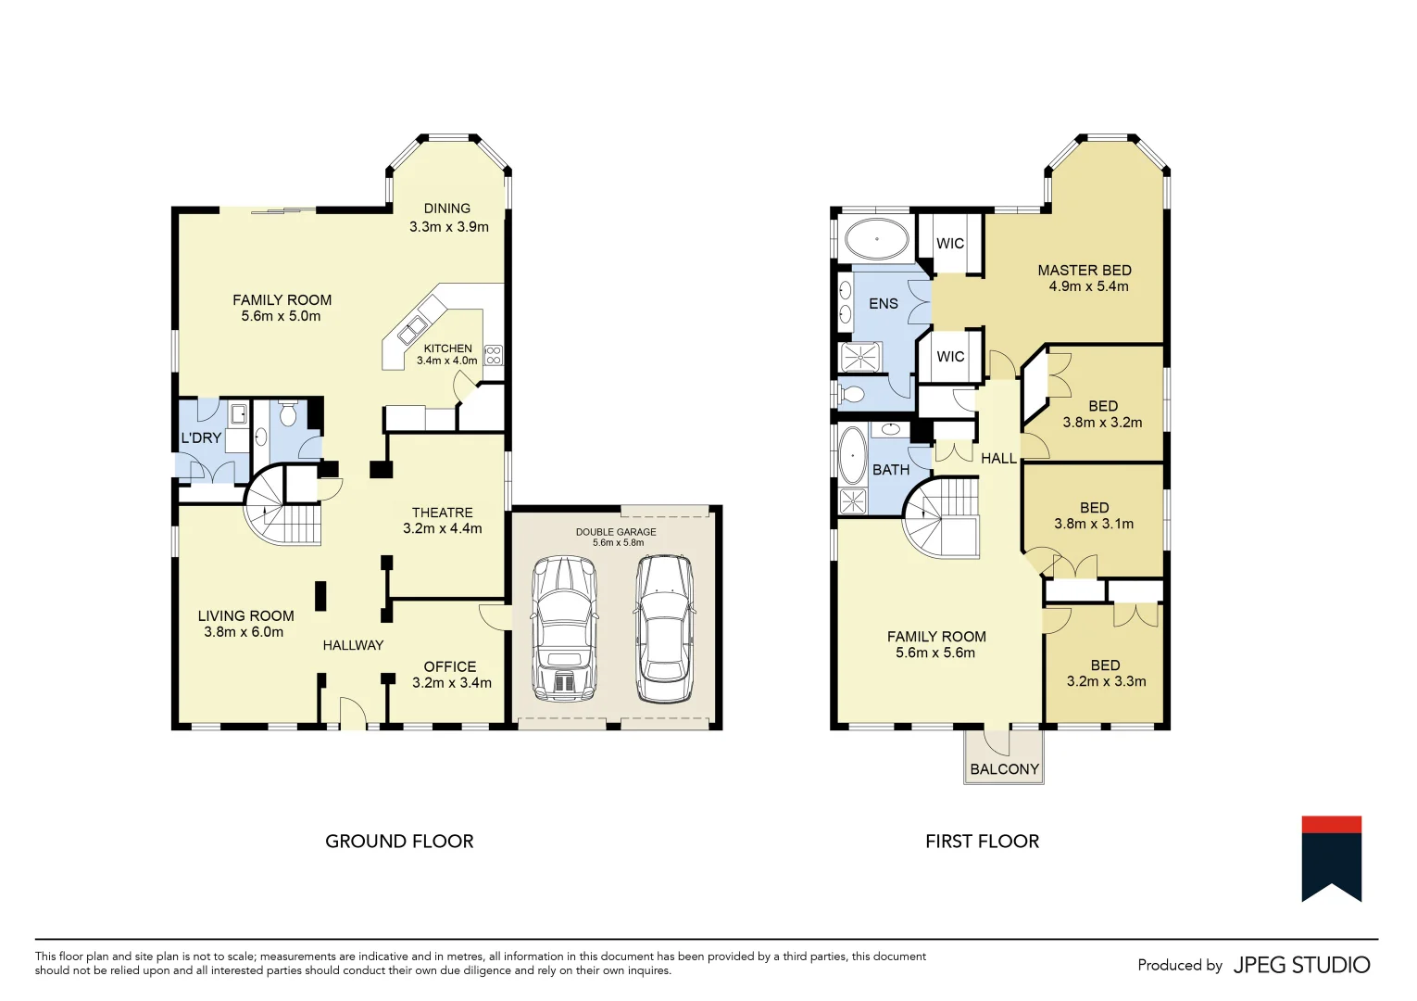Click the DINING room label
coord(447,209)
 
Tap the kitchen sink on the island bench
coord(412,330)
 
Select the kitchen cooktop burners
coord(494,354)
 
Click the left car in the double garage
coord(563,629)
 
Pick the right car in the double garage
coord(664,628)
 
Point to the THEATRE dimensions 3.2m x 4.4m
coord(443,528)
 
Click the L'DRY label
coord(201,437)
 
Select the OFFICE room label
coord(450,666)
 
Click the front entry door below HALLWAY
coord(353,714)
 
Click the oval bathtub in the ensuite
coord(876,239)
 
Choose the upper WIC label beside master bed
coord(950,244)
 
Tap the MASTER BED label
coord(1085,270)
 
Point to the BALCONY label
coord(1004,769)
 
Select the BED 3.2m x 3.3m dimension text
coord(1106,681)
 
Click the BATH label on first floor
coord(891,470)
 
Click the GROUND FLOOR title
coord(399,842)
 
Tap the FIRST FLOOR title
coord(982,842)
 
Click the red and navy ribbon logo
coord(1331,857)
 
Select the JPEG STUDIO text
coord(1301,965)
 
